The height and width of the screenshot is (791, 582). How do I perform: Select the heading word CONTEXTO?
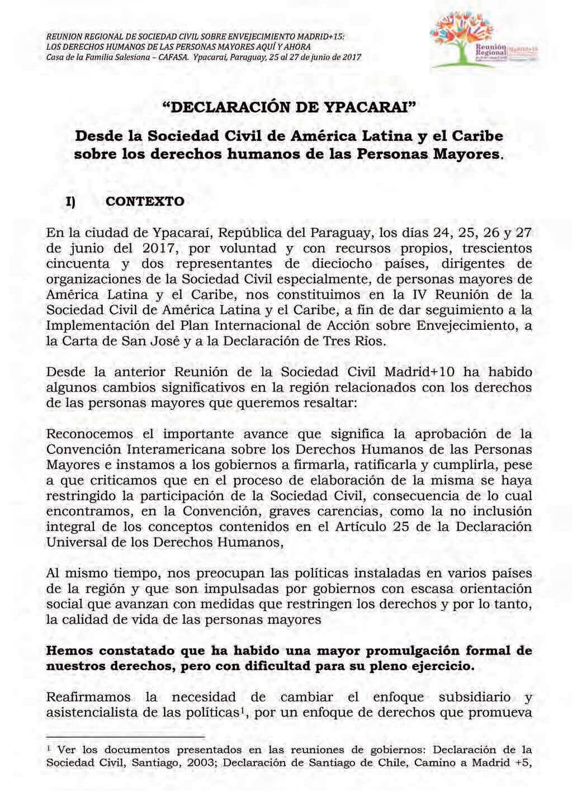[145, 201]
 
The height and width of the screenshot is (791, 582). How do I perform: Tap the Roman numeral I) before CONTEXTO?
[70, 202]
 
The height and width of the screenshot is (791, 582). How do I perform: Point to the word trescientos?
[498, 248]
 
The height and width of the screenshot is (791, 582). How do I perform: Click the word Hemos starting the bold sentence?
[68, 651]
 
